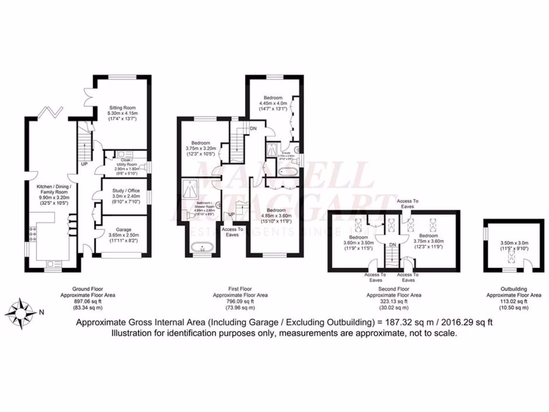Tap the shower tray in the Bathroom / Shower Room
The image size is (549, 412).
point(192,187)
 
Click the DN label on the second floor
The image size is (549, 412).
point(393,244)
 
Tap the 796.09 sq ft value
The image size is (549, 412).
point(240,301)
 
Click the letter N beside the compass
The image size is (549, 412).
point(41,311)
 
